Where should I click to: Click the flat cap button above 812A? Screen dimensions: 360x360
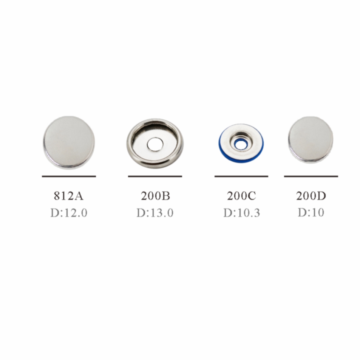click(x=69, y=142)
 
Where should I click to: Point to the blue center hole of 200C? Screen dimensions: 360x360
click(x=241, y=145)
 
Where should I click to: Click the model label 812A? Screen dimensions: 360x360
click(x=69, y=196)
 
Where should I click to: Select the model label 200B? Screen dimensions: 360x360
click(x=155, y=196)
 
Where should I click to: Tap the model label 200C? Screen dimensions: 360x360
click(x=241, y=196)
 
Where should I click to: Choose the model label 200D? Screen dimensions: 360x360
click(x=311, y=196)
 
